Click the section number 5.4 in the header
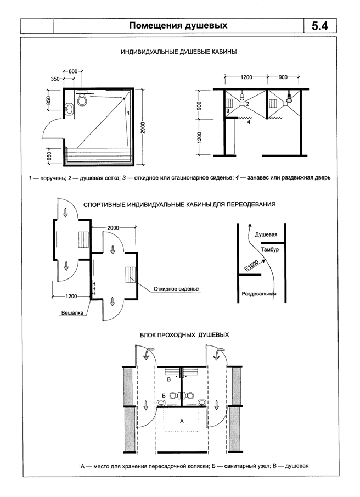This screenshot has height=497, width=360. click(320, 26)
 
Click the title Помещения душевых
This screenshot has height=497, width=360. click(178, 25)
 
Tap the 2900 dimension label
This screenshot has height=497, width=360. click(143, 127)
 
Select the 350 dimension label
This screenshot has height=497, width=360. click(55, 79)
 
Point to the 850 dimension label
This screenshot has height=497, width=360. click(48, 100)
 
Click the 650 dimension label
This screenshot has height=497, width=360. click(48, 155)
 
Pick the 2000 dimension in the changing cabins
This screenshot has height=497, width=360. click(113, 227)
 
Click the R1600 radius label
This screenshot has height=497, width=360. click(252, 266)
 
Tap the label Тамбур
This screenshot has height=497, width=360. click(270, 250)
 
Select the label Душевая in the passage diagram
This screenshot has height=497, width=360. click(266, 234)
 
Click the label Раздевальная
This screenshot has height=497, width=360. click(258, 294)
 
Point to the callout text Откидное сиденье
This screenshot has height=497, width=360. click(176, 289)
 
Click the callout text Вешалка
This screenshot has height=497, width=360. click(72, 313)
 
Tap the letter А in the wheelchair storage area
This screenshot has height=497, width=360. click(182, 421)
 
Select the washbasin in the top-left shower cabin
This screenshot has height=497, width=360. click(69, 109)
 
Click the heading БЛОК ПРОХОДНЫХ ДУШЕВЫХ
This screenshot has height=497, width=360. click(184, 335)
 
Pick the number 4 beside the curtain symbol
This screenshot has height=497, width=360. click(249, 122)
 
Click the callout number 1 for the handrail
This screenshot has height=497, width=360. click(128, 113)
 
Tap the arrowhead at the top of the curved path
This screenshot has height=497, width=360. click(250, 225)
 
